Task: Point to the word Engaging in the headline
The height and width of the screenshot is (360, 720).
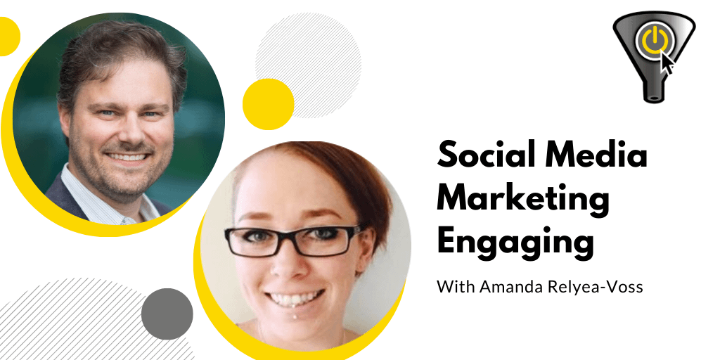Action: [515, 243]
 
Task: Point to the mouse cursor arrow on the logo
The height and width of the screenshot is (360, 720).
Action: [667, 63]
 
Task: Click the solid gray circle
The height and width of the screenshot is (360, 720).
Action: [167, 314]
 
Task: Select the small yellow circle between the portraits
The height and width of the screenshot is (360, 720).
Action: [268, 104]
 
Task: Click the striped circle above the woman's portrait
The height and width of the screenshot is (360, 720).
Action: [308, 65]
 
